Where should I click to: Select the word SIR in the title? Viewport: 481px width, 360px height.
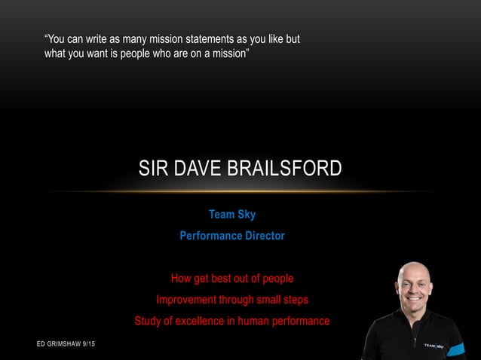(152, 168)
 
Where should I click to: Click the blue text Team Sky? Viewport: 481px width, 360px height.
(232, 215)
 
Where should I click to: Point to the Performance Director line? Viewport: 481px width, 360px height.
(232, 236)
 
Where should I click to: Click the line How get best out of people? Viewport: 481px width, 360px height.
(232, 279)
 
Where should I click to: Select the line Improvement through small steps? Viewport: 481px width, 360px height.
(232, 300)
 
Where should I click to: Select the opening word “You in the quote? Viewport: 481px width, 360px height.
(58, 38)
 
